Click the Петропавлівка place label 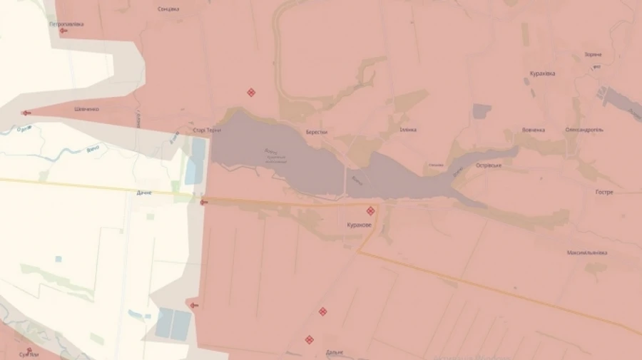pos(66,24)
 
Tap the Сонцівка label pos(168,9)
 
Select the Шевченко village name pos(87,109)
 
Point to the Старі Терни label pos(207,130)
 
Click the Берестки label pos(316,132)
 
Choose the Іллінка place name pos(408,130)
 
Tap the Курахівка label pos(543,73)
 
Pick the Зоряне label pos(593,54)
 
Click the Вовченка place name pos(534,130)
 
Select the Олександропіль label pos(584,130)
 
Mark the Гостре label pos(604,192)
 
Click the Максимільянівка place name pos(587,253)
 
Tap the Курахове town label pos(358,225)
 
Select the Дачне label pos(144,192)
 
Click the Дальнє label pos(335,352)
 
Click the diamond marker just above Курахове pos(370,211)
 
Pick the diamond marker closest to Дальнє pos(309,340)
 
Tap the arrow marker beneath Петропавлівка pos(63,31)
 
